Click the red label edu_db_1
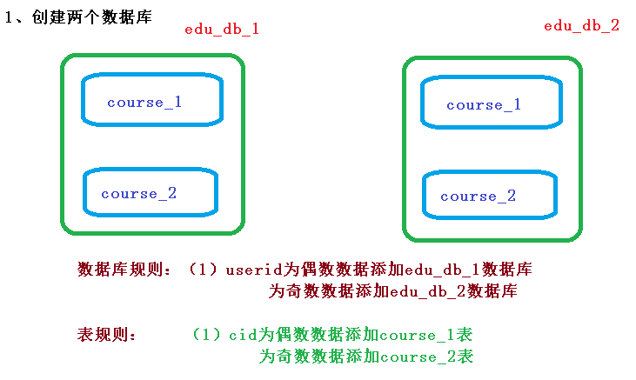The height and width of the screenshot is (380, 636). [x=222, y=29]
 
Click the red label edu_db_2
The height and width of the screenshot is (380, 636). [x=581, y=25]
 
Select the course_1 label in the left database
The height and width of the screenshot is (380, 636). [x=144, y=103]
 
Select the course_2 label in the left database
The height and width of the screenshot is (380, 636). [x=138, y=194]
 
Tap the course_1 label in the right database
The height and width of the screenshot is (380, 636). [x=484, y=105]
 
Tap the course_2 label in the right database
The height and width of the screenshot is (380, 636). [x=478, y=197]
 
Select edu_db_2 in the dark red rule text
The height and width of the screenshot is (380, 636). [x=427, y=291]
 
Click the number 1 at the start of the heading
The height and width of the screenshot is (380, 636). [x=10, y=17]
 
